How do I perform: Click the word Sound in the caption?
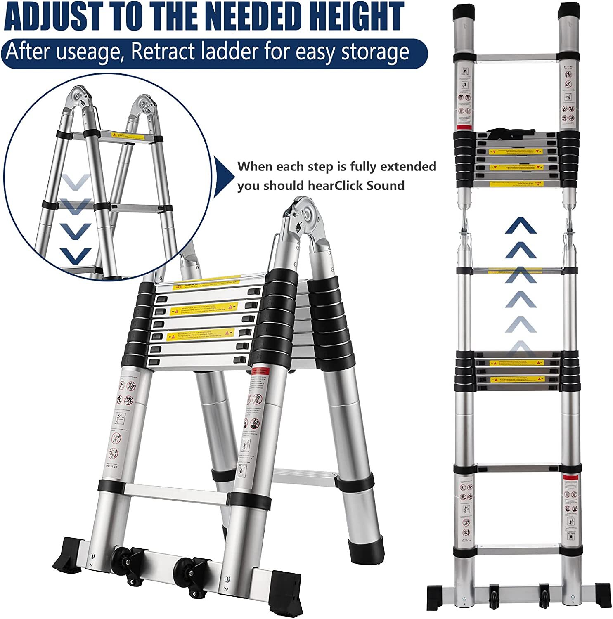point(386,186)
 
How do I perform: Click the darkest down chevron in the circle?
point(75,256)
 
